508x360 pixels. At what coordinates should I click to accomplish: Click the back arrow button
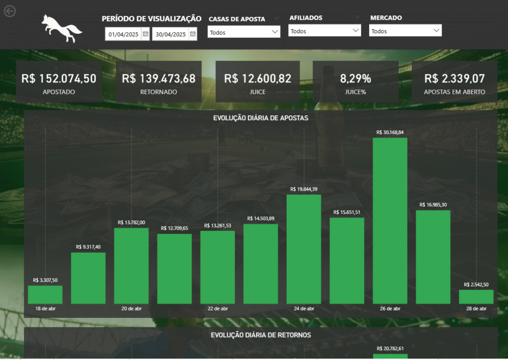point(9,11)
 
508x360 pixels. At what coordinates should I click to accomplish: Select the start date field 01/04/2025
point(122,34)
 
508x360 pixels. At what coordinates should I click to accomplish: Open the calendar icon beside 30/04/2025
point(193,34)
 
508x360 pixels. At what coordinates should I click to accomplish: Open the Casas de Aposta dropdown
point(244,32)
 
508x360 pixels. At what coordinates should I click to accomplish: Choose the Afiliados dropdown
point(324,31)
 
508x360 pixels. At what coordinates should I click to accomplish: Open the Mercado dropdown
point(405,31)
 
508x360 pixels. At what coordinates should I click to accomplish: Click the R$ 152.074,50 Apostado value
point(59,78)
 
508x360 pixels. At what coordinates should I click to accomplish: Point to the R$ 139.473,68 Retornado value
point(159,78)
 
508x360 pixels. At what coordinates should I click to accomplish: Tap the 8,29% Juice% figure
point(355,78)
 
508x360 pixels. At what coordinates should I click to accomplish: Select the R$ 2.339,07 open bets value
point(454,78)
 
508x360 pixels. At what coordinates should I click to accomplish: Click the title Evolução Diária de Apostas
point(260,118)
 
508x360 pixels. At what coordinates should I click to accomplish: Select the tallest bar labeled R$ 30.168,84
point(390,220)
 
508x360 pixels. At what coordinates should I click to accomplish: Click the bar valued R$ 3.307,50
point(45,294)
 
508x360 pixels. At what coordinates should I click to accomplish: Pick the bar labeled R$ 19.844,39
point(304,249)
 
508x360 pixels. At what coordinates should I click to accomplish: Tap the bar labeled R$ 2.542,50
point(476,296)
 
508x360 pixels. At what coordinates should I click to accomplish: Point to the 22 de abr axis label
point(217,309)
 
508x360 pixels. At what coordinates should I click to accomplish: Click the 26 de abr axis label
point(390,309)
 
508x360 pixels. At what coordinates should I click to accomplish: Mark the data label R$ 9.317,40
point(88,247)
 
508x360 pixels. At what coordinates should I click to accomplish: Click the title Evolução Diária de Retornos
point(260,335)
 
